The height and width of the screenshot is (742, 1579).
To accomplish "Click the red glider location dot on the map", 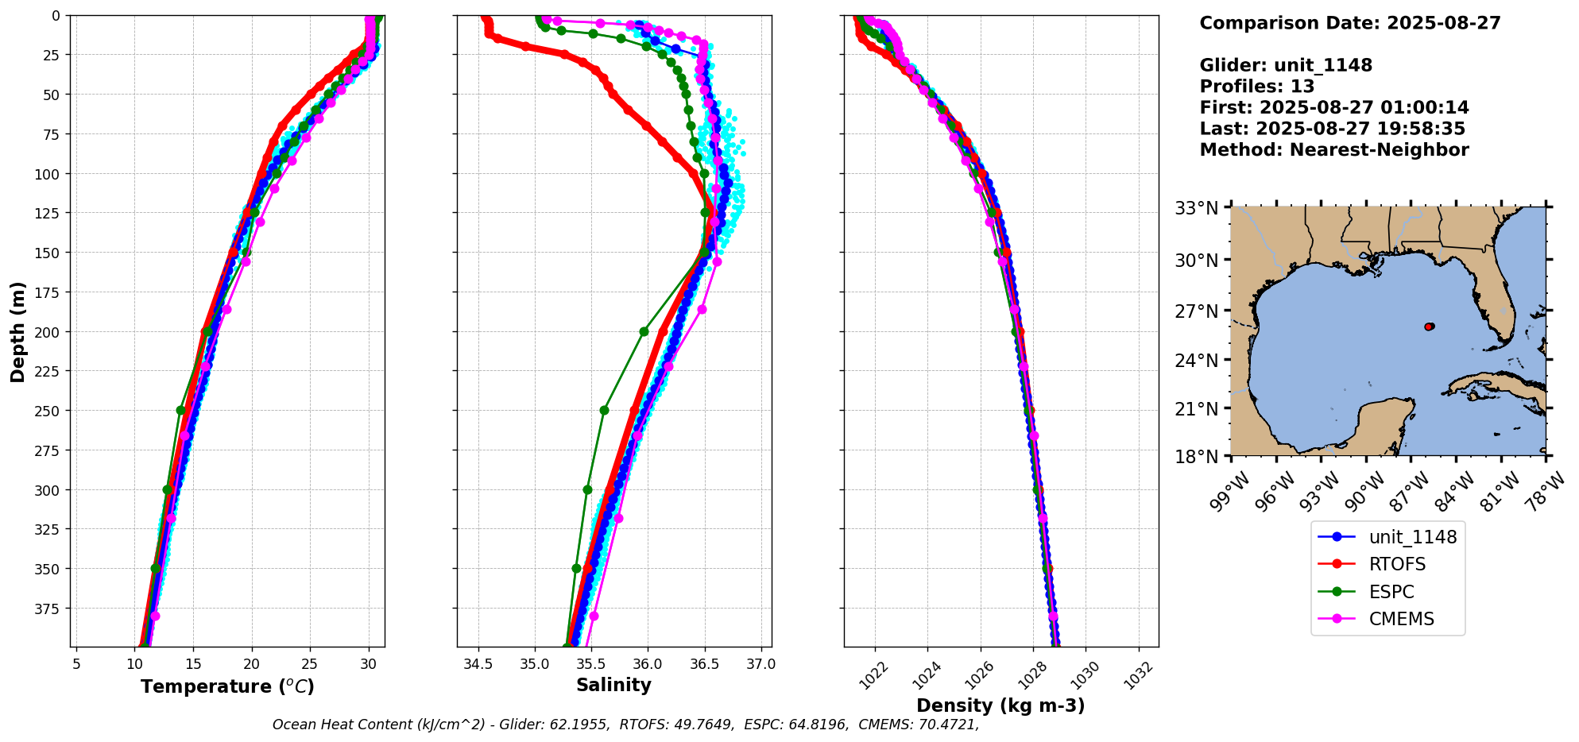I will (1429, 327).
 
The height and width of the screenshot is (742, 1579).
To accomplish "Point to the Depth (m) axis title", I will (18, 331).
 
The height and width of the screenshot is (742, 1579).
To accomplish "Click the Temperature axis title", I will (227, 686).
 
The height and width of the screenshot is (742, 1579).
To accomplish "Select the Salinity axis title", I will (613, 686).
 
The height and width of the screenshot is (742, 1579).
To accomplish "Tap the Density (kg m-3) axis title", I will (1000, 705).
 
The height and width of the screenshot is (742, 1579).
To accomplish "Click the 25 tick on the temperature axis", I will (310, 663).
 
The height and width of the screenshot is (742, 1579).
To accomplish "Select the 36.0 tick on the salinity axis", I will (648, 663).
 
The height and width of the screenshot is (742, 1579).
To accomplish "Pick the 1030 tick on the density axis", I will (1084, 671).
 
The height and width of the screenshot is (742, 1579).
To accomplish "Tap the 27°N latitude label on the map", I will (1197, 311).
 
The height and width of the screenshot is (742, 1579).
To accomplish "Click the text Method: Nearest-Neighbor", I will (1333, 150).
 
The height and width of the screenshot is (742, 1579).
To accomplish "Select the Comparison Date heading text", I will (1349, 23).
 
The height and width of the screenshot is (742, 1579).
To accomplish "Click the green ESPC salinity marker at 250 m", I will (604, 411).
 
